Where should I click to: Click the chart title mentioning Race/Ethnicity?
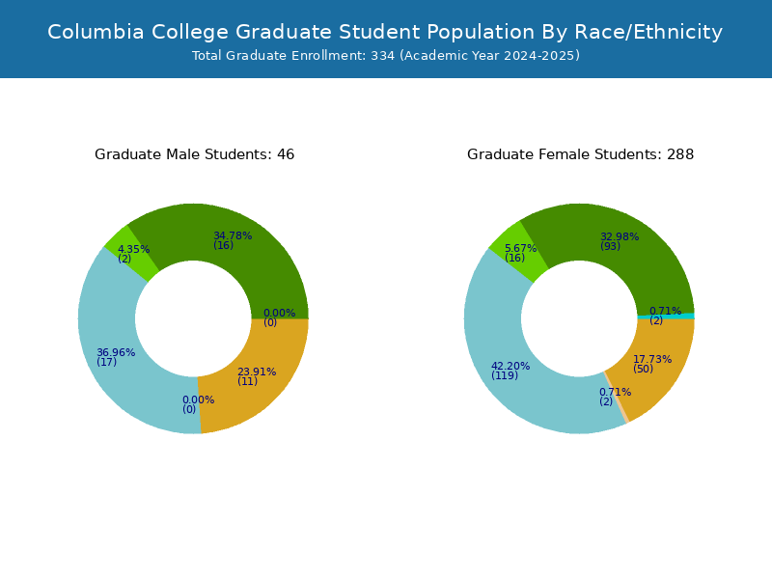click(x=385, y=32)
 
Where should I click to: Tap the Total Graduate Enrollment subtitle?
click(x=385, y=56)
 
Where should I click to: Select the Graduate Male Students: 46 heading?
click(x=195, y=154)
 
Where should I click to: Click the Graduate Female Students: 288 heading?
click(x=581, y=154)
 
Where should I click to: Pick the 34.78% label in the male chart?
click(x=233, y=235)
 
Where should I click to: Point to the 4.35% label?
click(x=133, y=249)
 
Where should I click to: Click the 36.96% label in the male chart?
click(x=116, y=352)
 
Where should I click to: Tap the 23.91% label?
click(x=257, y=372)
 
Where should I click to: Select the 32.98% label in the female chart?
click(x=620, y=236)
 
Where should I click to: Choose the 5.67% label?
click(x=520, y=248)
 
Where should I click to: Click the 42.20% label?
click(x=510, y=367)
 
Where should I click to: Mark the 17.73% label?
click(x=652, y=359)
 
